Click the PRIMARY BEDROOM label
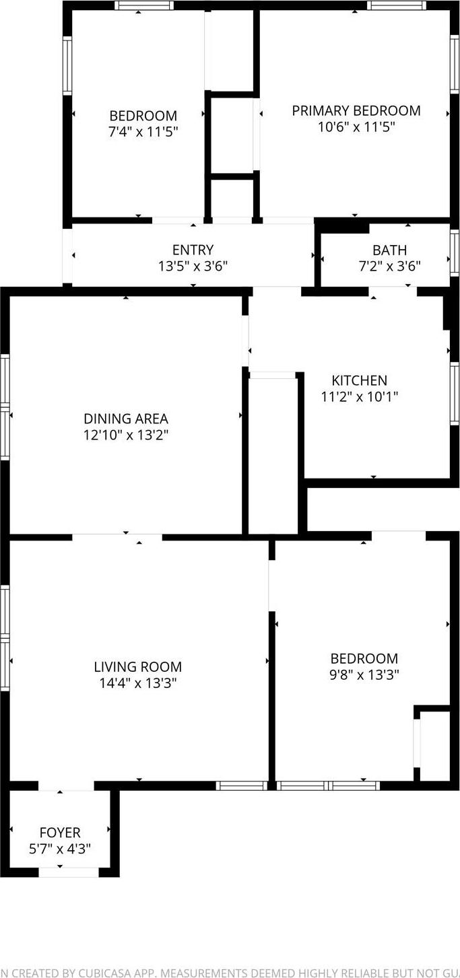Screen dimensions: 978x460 coord(356,110)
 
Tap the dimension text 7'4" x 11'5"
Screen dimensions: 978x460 coord(143,132)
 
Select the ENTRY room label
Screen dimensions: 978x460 coord(193,250)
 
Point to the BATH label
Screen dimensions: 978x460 coord(389,250)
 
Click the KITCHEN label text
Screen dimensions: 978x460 coord(359,381)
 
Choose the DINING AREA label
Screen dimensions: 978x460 coord(126,419)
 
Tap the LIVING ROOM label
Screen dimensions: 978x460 coord(137,667)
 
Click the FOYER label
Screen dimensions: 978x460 coord(60,833)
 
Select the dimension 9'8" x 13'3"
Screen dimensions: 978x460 coord(364,675)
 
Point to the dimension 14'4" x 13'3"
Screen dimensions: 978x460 coord(137,684)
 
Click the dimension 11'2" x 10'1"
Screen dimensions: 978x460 coord(359,397)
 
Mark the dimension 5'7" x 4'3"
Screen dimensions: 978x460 coord(60,849)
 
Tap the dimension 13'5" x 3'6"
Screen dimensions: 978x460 coord(193,267)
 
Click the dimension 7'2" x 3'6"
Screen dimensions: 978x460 coord(389,267)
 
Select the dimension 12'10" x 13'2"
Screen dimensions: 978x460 coord(126,435)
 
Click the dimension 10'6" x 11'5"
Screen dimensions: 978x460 coord(356,127)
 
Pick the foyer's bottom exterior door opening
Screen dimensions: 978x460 coord(69,872)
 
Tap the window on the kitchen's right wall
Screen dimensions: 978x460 coord(455,394)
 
